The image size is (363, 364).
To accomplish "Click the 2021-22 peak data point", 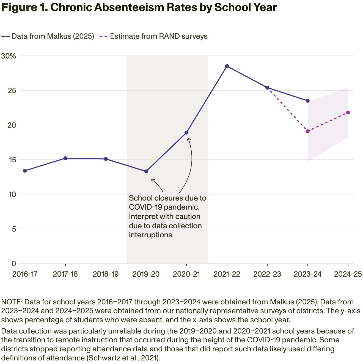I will click(x=227, y=66).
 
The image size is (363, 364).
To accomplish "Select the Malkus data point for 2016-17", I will click(x=25, y=171).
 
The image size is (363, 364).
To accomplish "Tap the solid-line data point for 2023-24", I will click(x=308, y=101).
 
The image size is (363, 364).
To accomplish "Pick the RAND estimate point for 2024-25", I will click(x=348, y=112).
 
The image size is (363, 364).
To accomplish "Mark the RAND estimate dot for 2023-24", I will click(x=308, y=131).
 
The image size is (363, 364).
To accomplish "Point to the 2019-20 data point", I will click(x=146, y=171).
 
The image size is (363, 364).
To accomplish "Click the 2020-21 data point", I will click(x=186, y=133).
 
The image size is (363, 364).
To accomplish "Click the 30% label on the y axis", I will click(x=9, y=56).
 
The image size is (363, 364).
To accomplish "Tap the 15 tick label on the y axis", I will click(x=12, y=160).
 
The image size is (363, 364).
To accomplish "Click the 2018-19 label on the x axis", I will click(x=106, y=274).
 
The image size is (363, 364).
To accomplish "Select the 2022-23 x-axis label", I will click(x=267, y=274).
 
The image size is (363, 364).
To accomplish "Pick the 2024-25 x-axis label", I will click(x=348, y=274).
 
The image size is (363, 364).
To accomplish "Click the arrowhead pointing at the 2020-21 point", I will click(x=189, y=139).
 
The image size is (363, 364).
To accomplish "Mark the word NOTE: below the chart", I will click(x=12, y=302).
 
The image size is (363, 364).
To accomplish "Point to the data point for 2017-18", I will click(x=65, y=158).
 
